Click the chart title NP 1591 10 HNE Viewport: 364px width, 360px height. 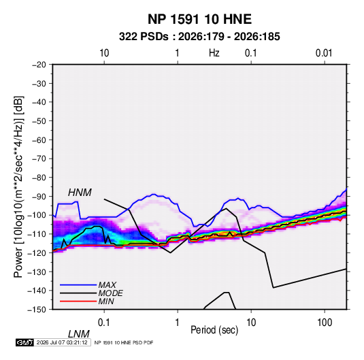(x=199, y=19)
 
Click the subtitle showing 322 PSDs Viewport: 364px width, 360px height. (x=199, y=37)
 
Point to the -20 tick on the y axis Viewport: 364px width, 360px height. (x=39, y=65)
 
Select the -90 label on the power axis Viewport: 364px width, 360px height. (x=39, y=197)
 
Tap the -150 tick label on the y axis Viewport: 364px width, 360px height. (x=37, y=310)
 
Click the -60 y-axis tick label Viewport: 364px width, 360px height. (x=39, y=140)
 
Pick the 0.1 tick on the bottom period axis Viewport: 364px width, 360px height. (x=104, y=323)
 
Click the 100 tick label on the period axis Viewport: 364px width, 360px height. (x=325, y=323)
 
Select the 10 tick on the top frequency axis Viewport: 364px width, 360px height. (x=104, y=53)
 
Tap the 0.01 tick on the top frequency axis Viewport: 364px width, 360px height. (x=324, y=53)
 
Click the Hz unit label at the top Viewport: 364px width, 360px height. (x=214, y=53)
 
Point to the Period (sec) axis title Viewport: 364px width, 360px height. (x=214, y=330)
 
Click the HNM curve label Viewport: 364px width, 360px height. (x=80, y=193)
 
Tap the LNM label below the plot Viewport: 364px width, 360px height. (x=78, y=334)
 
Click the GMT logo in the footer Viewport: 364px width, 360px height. (x=24, y=342)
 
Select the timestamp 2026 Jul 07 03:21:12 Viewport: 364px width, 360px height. (x=62, y=342)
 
